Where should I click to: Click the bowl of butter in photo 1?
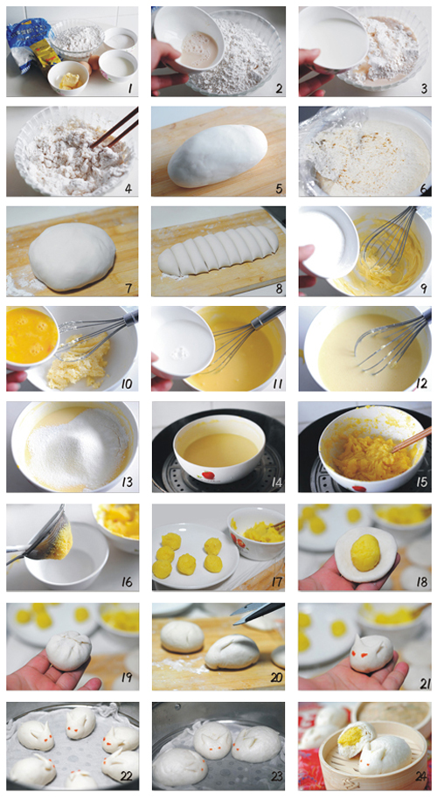pos(68,77)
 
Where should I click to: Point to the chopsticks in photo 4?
pos(114,128)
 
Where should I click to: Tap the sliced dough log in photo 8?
pos(219,248)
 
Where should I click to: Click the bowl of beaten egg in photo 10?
pos(31,336)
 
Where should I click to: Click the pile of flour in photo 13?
pos(78,448)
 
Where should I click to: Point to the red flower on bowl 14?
pos(208,477)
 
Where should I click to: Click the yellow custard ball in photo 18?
pos(365,552)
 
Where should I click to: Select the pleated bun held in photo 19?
pos(69,650)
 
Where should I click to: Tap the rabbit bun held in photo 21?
pos(371,653)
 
